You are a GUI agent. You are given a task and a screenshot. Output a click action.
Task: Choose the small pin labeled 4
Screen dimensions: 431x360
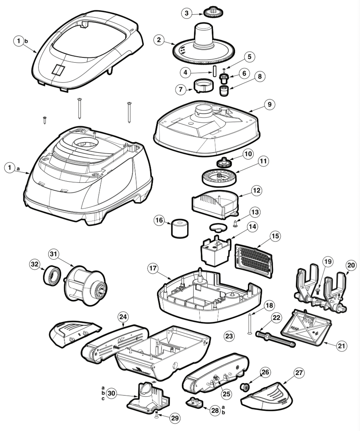[213, 70]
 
